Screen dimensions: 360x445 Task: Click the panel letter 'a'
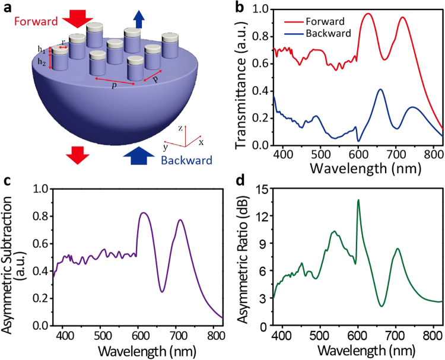[7, 7]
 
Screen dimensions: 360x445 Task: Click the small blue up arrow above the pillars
[138, 20]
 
